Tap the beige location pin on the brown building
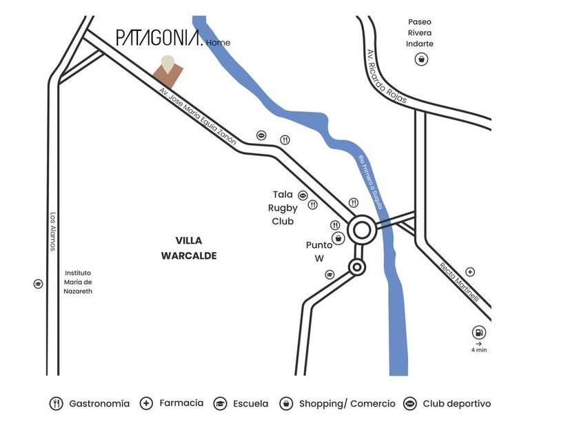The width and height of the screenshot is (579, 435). (x=167, y=62)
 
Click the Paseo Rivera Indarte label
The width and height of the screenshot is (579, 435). (x=420, y=32)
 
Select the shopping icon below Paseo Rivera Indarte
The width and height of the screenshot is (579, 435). (x=420, y=59)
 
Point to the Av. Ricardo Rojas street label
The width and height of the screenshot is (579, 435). (x=387, y=77)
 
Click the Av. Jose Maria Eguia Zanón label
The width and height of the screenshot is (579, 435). (x=197, y=116)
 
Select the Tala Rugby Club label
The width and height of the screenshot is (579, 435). (x=283, y=208)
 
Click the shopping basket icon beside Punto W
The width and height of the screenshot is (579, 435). (x=338, y=239)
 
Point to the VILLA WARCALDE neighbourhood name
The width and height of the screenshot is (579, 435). (x=188, y=248)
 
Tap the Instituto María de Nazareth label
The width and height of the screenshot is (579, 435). (x=78, y=282)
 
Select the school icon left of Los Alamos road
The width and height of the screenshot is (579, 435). (x=38, y=284)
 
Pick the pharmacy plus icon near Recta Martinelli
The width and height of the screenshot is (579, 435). (x=470, y=272)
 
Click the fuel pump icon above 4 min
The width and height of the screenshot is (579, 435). (x=478, y=332)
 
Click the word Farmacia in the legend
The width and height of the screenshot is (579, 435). (x=181, y=403)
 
